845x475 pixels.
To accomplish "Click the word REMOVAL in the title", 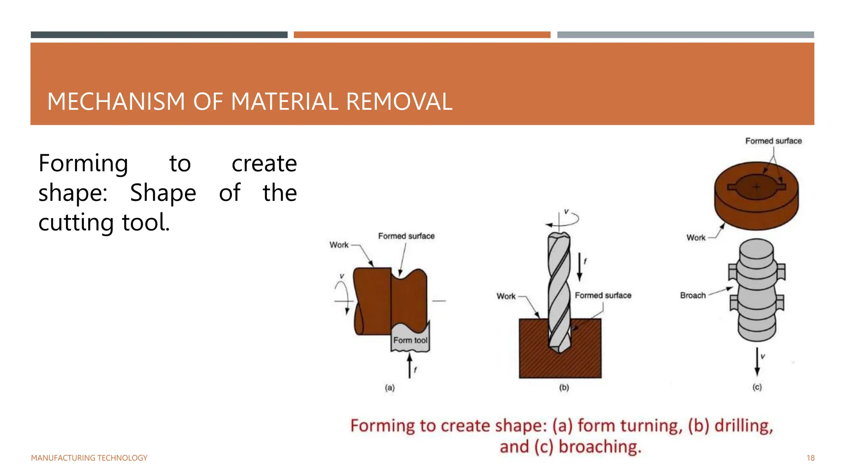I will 399,102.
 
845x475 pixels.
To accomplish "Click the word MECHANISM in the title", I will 116,102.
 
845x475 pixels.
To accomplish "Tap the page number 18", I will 810,458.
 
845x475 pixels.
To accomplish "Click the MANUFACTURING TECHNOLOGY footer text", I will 89,458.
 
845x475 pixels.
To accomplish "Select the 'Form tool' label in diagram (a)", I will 410,341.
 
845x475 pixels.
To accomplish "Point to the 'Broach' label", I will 693,295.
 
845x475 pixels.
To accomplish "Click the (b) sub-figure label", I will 564,388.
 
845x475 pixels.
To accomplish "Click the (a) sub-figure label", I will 389,388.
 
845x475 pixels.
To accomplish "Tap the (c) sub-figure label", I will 757,387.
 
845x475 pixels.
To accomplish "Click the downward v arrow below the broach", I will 757,362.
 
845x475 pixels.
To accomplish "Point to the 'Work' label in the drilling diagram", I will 506,296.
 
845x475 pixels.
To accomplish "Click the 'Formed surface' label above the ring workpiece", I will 773,141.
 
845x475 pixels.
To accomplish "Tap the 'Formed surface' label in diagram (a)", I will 406,236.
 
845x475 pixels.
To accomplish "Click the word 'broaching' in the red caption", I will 600,447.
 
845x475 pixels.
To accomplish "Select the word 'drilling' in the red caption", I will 744,426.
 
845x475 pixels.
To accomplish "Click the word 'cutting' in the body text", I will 76,223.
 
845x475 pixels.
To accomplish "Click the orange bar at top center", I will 422,35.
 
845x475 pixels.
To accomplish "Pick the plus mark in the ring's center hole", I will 756,187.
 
